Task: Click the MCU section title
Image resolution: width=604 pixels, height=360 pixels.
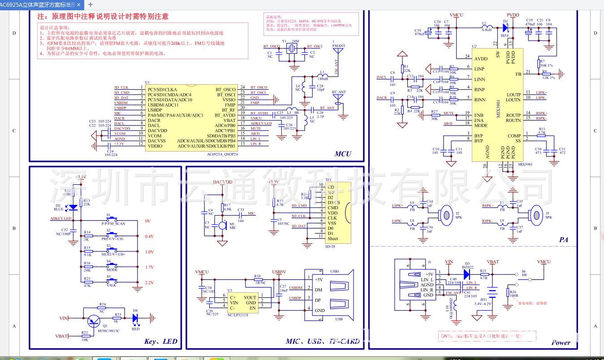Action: click(x=343, y=154)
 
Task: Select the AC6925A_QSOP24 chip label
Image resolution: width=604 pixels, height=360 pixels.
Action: click(x=222, y=154)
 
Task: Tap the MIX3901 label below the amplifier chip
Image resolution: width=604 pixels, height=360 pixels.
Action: click(x=525, y=165)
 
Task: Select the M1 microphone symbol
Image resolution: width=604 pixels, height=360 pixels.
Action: click(x=221, y=225)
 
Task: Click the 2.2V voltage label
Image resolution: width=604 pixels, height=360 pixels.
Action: click(x=149, y=282)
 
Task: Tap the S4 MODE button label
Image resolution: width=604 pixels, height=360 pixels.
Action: click(x=112, y=270)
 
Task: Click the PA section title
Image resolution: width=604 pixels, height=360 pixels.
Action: click(x=563, y=240)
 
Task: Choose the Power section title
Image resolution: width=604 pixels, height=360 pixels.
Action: click(x=561, y=343)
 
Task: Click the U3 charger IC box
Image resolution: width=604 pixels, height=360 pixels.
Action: click(x=243, y=303)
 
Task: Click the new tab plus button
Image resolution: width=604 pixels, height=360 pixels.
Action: click(x=91, y=4)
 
